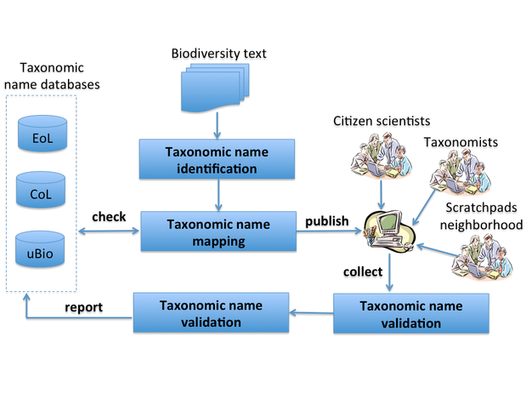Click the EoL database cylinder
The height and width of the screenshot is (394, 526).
pos(39,137)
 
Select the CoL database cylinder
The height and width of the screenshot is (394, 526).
pos(39,193)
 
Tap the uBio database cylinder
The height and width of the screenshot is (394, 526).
pos(39,250)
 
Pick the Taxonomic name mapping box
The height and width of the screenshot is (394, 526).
pos(217,231)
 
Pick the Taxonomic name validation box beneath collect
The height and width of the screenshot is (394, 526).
pos(410,314)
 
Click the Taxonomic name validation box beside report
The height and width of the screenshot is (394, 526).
pos(210,312)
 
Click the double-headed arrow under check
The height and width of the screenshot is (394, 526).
pos(109,231)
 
